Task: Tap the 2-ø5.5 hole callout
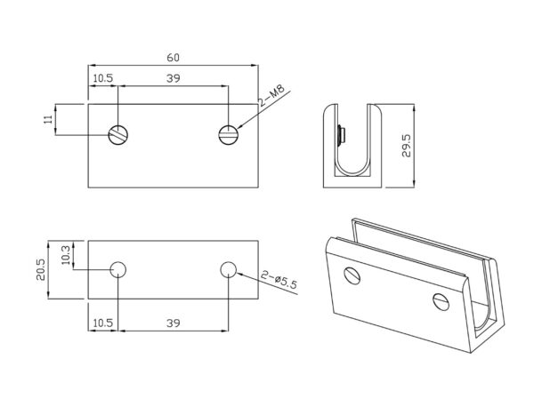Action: tap(279, 281)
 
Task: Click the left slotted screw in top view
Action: tap(118, 134)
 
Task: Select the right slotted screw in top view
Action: tap(229, 134)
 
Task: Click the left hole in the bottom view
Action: tap(118, 269)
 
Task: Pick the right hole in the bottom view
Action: tap(229, 269)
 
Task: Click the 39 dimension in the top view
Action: tap(174, 79)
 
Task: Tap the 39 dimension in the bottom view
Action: tap(174, 322)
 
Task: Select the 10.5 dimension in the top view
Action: tap(102, 79)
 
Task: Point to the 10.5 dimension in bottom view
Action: tap(102, 322)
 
